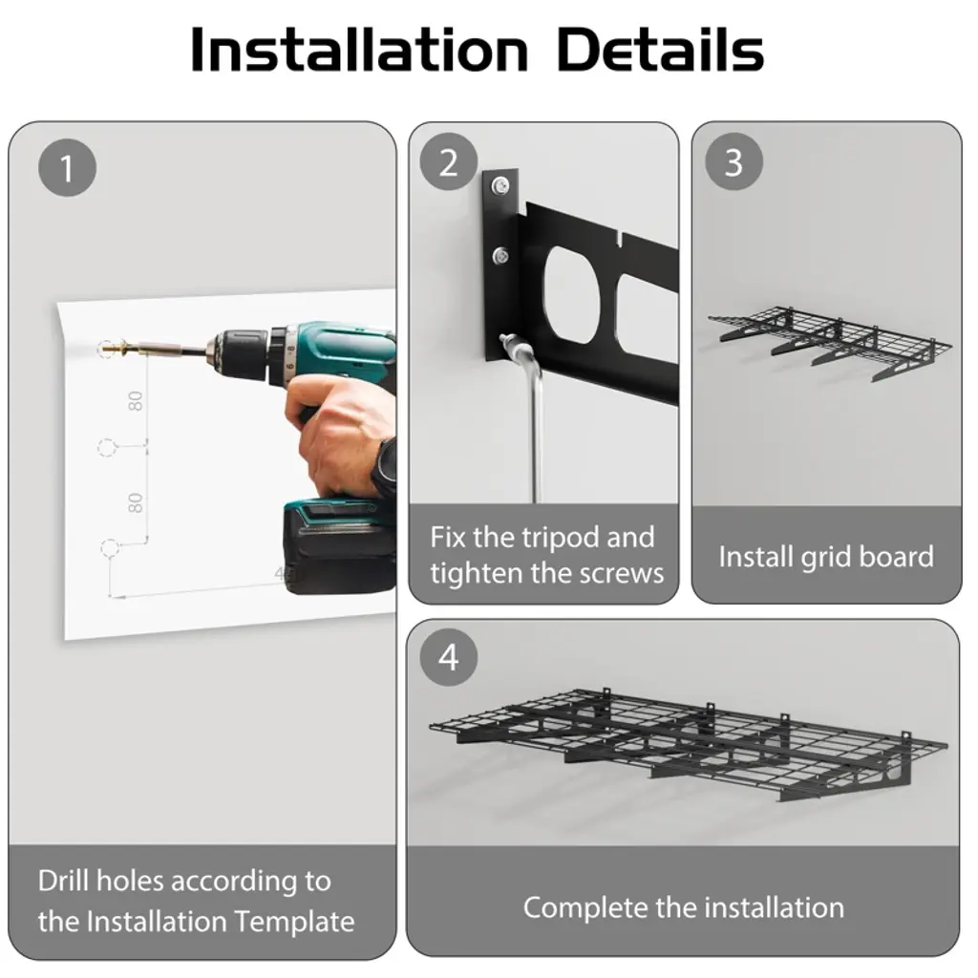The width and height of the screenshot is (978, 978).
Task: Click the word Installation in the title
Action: click(x=359, y=50)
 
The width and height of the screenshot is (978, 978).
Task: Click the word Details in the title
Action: click(x=660, y=50)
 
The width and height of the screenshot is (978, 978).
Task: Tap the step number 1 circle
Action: click(x=68, y=168)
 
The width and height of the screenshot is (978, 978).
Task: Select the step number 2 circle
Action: click(x=449, y=162)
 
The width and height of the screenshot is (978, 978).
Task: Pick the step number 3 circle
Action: click(x=733, y=161)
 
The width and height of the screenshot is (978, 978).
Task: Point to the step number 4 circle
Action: click(x=449, y=657)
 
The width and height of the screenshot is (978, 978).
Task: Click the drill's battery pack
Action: click(x=339, y=545)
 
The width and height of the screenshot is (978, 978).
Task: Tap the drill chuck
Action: click(x=240, y=353)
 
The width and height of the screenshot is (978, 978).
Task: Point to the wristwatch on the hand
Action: click(x=386, y=466)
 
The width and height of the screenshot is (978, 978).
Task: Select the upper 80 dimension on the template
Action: click(x=136, y=401)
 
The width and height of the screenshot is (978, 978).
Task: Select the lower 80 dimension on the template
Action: click(x=136, y=502)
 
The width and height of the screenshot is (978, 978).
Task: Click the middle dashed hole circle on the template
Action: click(x=107, y=447)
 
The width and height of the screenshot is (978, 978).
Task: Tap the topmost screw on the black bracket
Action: click(x=500, y=185)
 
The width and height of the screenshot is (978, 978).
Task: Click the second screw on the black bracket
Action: click(x=500, y=255)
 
